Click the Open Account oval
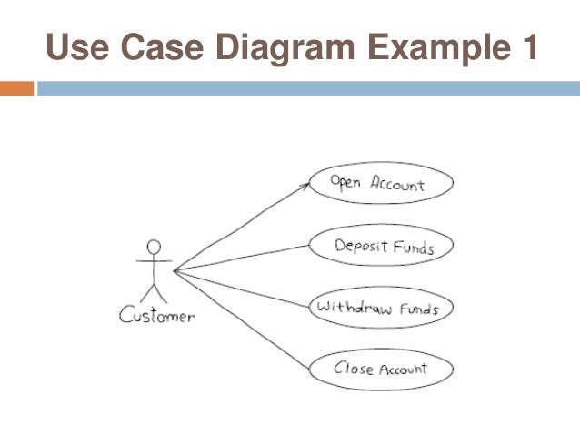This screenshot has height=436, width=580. [380, 185]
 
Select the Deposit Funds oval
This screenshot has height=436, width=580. [381, 247]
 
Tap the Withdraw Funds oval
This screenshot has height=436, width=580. [379, 309]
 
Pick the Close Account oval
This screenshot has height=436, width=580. [381, 370]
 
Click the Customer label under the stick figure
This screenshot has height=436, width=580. [156, 317]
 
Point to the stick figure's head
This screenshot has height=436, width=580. [155, 247]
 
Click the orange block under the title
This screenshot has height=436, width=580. [16, 89]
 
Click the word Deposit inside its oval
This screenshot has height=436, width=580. [360, 247]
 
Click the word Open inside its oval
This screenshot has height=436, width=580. [346, 183]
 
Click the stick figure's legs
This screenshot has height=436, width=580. [155, 291]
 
